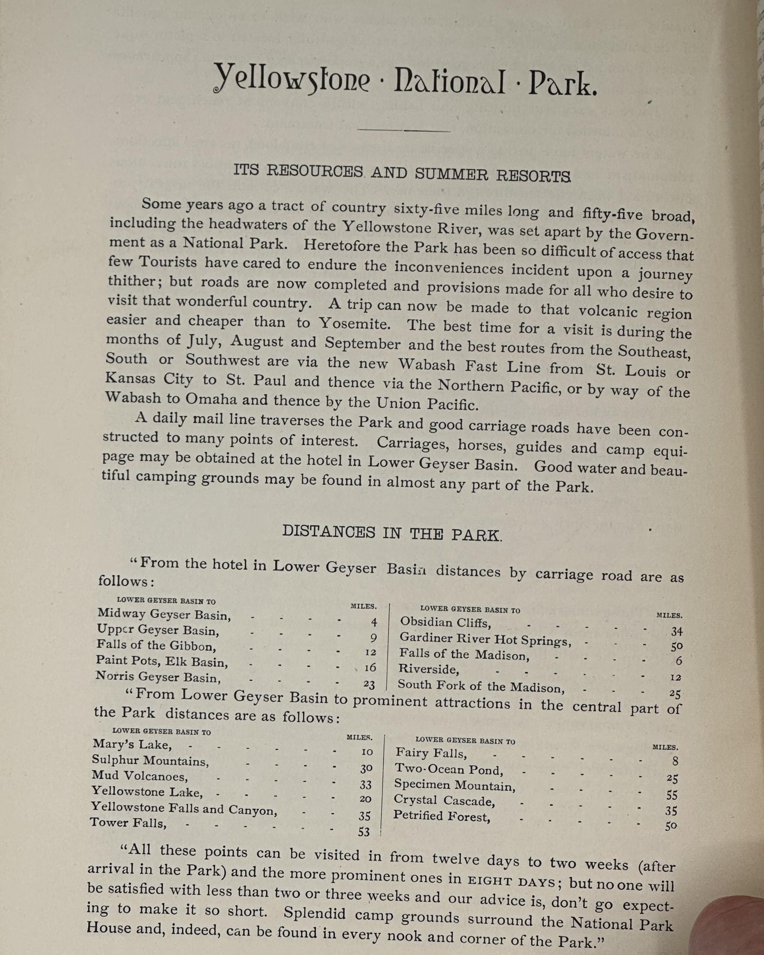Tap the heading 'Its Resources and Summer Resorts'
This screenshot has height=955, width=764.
402,173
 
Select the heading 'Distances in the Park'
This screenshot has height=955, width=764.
392,533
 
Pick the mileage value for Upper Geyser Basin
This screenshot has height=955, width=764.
373,638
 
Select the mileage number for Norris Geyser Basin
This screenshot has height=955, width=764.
369,685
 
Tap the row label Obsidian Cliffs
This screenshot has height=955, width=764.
445,623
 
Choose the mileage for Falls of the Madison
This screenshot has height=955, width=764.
679,661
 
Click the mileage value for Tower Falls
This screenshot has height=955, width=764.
364,832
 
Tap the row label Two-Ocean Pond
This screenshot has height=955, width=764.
449,770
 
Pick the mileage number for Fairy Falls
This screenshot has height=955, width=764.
674,761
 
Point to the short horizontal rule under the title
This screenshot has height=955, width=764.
404,130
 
